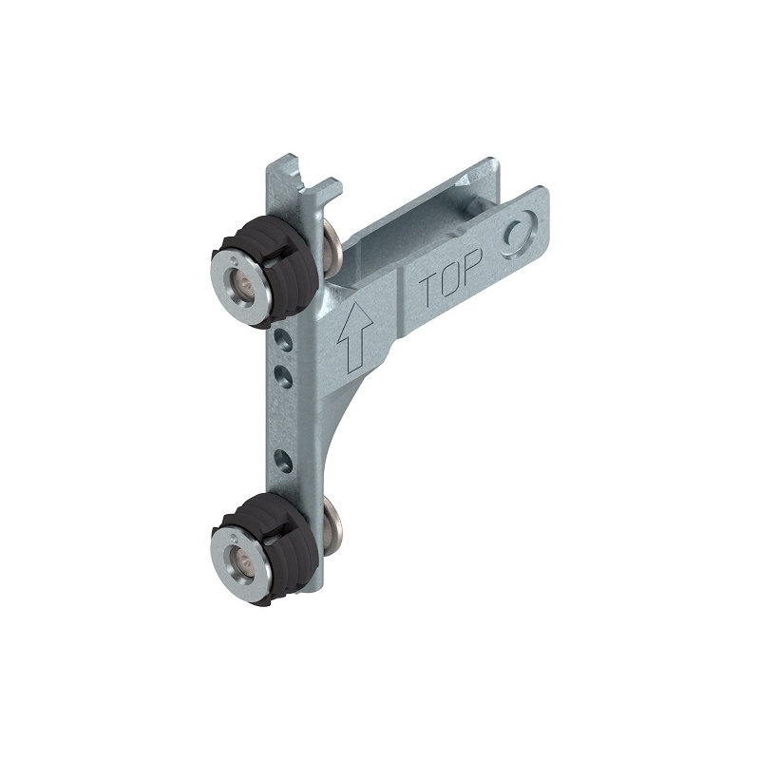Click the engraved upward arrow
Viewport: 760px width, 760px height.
tap(355, 337)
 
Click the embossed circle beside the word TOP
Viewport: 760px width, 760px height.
tap(519, 234)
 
